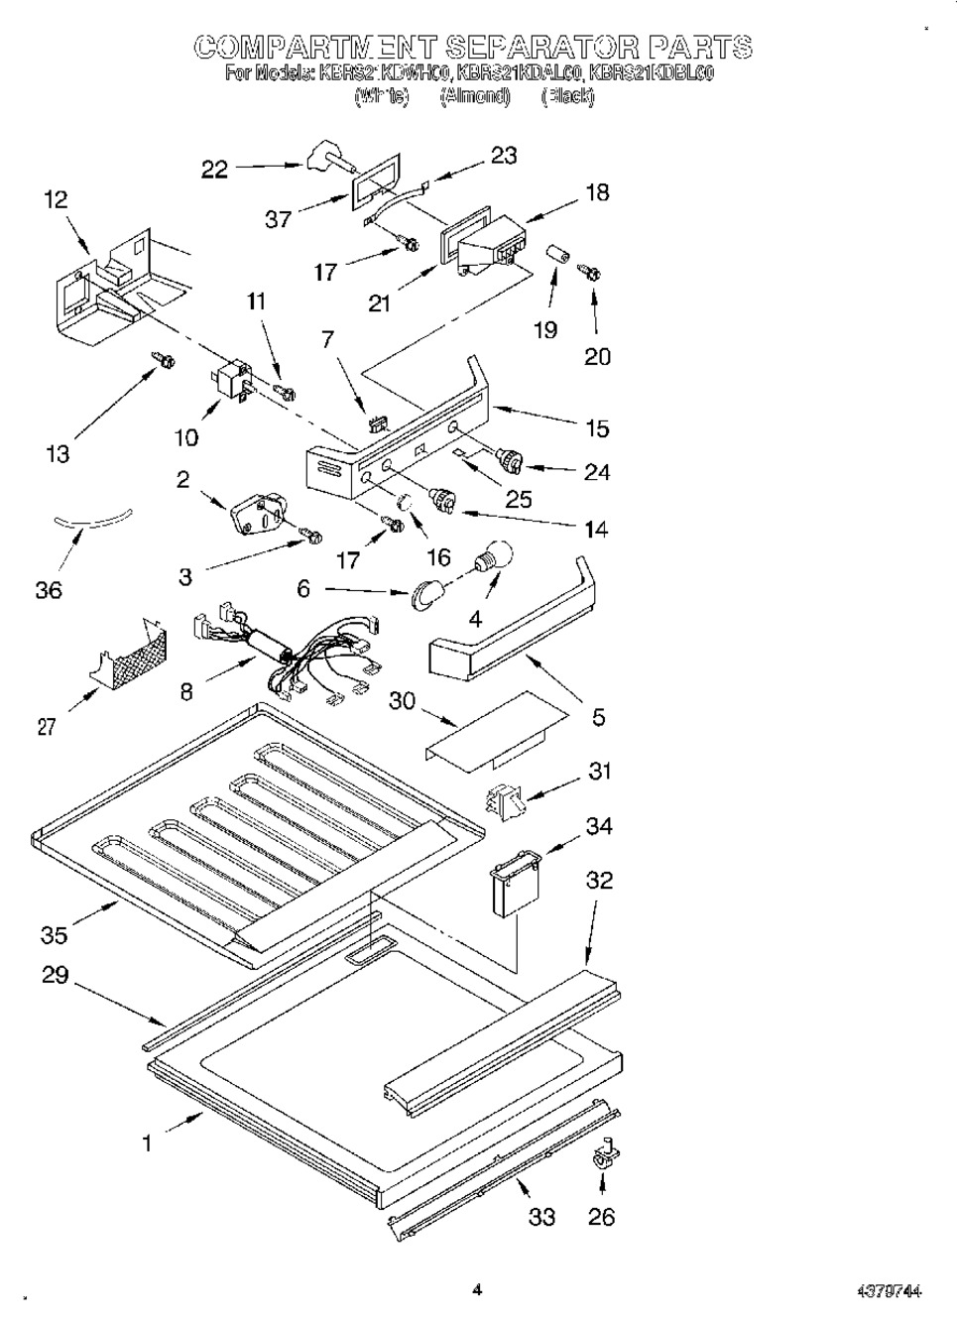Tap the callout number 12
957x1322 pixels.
coord(57,199)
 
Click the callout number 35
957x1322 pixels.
coord(55,934)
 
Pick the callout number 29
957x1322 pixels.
coord(56,975)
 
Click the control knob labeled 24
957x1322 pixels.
coord(510,460)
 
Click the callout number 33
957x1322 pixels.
coord(541,1216)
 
